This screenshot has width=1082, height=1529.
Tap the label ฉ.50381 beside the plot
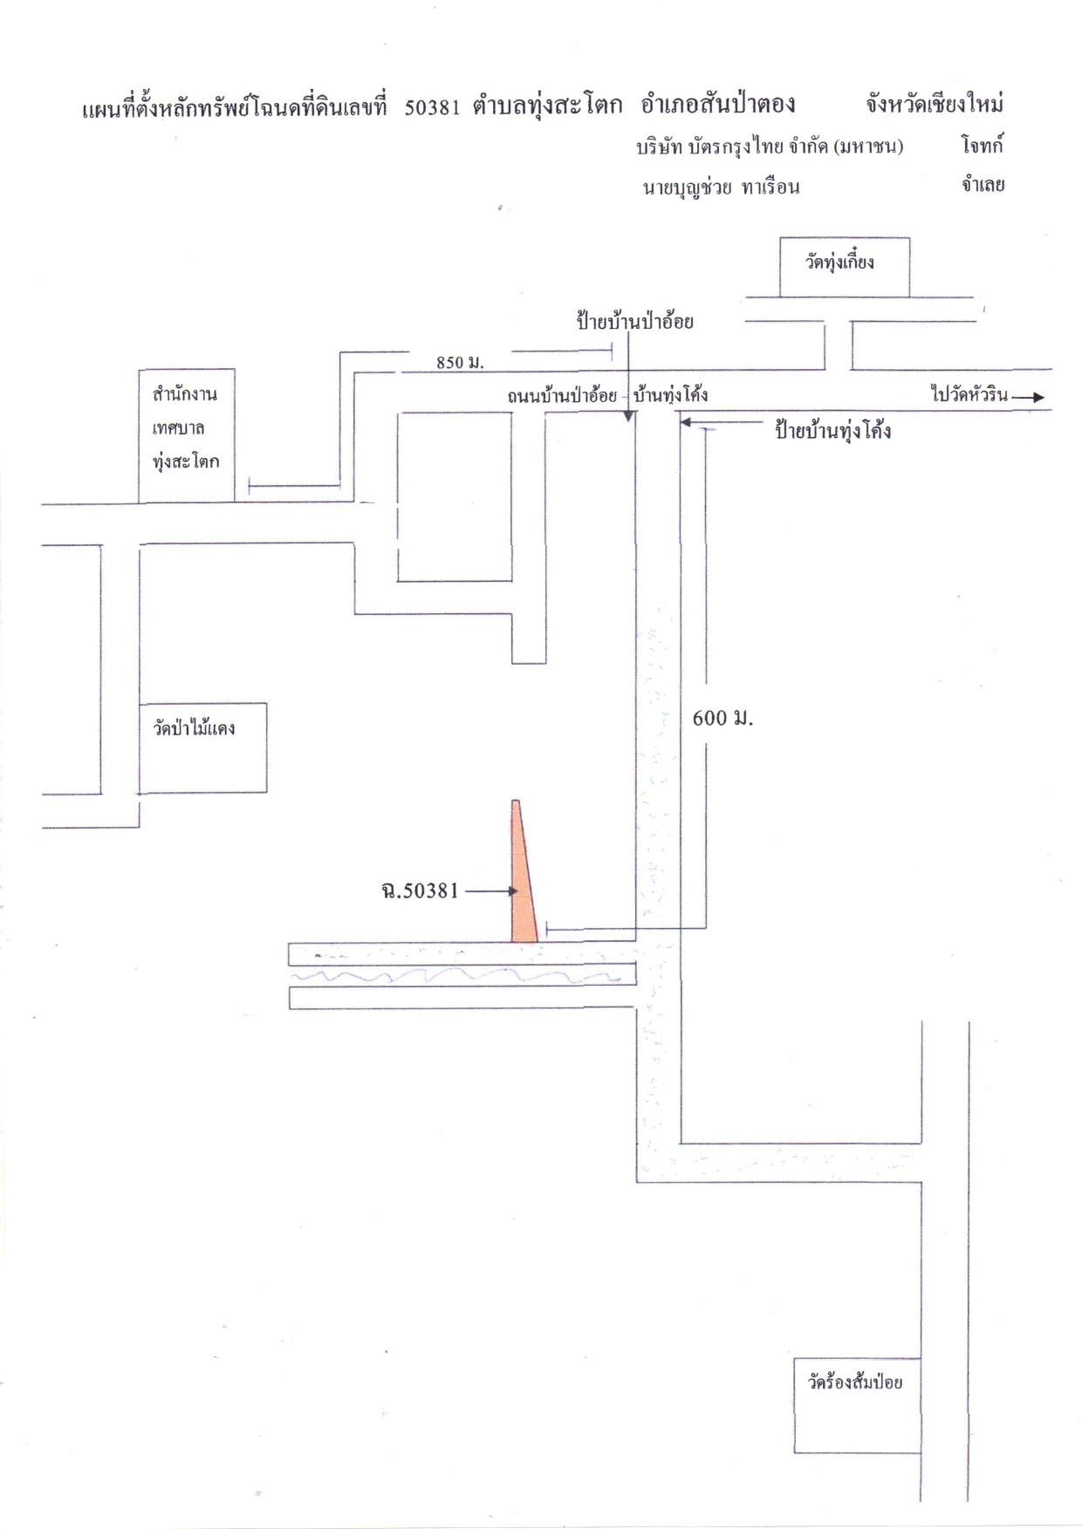click(420, 891)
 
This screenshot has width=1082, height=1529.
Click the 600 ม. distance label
click(722, 718)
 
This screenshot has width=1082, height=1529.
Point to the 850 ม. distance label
click(460, 362)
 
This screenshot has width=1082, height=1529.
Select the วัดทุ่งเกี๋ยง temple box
click(845, 267)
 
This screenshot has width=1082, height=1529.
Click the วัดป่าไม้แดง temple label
click(194, 727)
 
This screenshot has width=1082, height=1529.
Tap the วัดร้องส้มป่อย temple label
click(855, 1382)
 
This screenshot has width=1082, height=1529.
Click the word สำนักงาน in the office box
click(185, 394)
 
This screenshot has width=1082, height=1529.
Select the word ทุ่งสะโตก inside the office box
click(186, 461)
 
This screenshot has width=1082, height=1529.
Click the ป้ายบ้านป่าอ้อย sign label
click(634, 321)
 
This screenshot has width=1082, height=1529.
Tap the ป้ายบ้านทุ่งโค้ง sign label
click(833, 431)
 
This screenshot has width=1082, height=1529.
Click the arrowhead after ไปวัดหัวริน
click(1037, 398)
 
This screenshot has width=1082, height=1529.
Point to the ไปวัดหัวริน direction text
click(969, 394)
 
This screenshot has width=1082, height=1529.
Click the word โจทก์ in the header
click(983, 146)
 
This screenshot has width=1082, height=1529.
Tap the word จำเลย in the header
click(983, 185)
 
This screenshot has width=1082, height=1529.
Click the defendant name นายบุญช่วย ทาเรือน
click(722, 187)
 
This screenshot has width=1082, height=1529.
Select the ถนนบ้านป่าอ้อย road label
click(563, 395)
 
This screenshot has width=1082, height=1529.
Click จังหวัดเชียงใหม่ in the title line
click(935, 105)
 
